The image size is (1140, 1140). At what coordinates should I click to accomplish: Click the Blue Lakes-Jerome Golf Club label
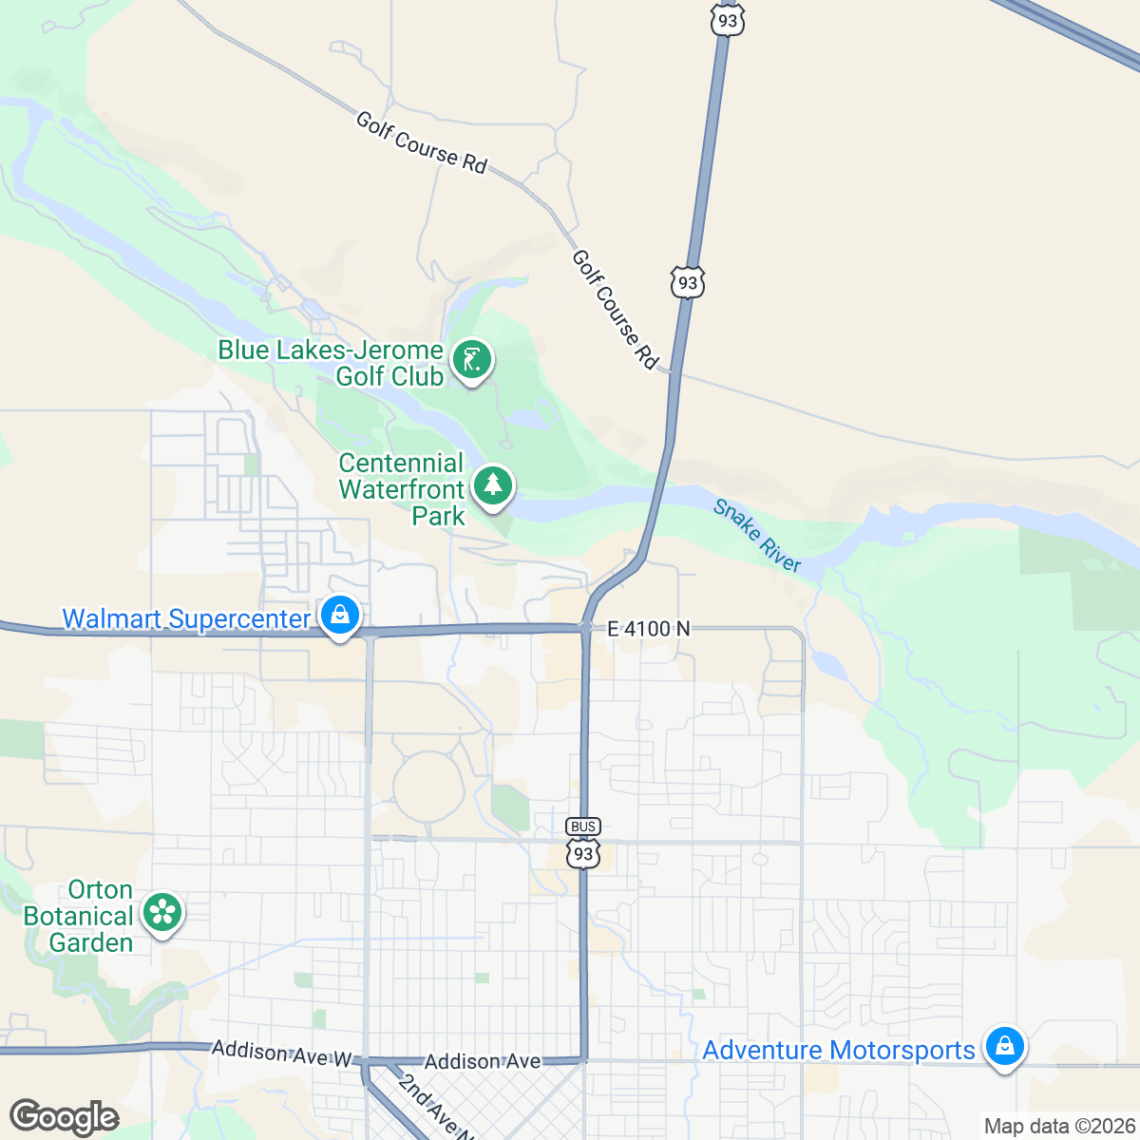(x=331, y=363)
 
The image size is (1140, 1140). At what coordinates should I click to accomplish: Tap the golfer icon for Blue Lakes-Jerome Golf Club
(x=472, y=360)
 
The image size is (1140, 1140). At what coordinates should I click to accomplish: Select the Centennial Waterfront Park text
(x=402, y=489)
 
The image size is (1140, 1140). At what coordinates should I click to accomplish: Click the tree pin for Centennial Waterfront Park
(x=492, y=485)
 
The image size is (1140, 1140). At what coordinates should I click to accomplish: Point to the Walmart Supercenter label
(x=186, y=618)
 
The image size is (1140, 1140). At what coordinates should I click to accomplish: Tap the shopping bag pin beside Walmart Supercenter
(x=339, y=615)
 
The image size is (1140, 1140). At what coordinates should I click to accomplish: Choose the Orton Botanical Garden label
(x=78, y=916)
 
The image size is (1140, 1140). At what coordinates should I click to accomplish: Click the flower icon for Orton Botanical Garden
(x=162, y=914)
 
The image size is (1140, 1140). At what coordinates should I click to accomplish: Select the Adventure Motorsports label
(x=839, y=1050)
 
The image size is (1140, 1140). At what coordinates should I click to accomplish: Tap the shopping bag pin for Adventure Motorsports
(x=1004, y=1047)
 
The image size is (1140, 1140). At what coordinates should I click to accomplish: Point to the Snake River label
(x=757, y=536)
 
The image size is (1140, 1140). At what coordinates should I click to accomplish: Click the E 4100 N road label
(x=649, y=628)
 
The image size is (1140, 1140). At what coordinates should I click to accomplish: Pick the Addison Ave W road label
(x=282, y=1053)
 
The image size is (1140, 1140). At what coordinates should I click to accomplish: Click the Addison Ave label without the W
(x=483, y=1061)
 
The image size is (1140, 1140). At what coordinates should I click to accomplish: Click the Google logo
(x=65, y=1117)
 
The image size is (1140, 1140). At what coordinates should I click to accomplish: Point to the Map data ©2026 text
(x=1058, y=1126)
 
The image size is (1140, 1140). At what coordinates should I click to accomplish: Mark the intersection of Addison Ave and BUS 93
(x=584, y=1058)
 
